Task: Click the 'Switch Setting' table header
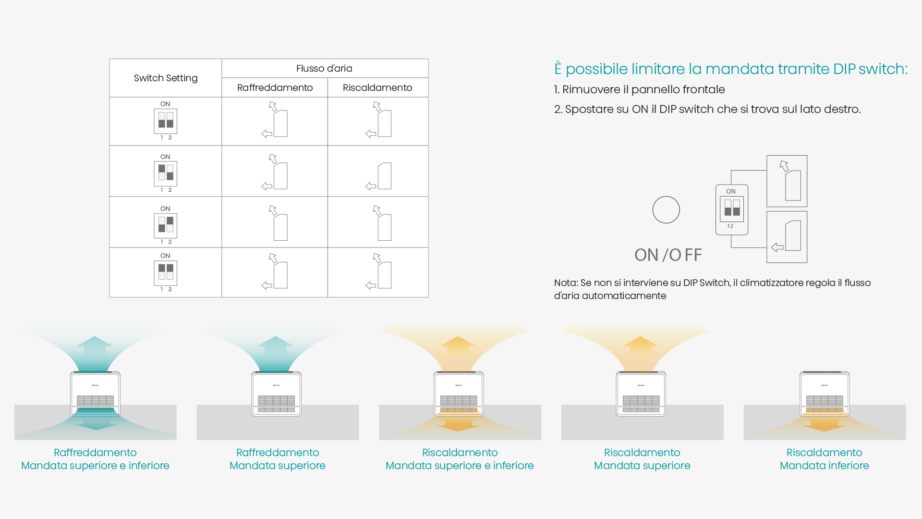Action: [x=166, y=78]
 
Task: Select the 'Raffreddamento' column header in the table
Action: [x=275, y=87]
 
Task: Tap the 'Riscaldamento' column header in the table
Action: [x=377, y=87]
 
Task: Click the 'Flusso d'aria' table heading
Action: [x=324, y=68]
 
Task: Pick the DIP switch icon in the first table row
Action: [x=165, y=121]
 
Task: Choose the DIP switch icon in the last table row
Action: [x=165, y=273]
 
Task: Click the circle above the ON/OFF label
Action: [x=666, y=210]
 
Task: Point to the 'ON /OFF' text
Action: [x=668, y=255]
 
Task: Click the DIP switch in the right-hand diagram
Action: [x=732, y=209]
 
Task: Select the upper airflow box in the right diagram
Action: [x=787, y=181]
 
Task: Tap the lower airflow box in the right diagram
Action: [x=787, y=237]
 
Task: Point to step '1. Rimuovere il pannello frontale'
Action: [x=639, y=89]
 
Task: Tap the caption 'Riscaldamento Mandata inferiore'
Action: [x=824, y=459]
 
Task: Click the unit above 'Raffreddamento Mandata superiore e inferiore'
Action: [x=95, y=394]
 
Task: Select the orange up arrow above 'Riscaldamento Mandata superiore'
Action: [x=640, y=345]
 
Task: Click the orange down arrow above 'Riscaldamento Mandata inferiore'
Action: [x=824, y=423]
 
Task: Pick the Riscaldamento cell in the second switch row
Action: [x=378, y=171]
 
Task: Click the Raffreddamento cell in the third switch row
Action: [x=275, y=222]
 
